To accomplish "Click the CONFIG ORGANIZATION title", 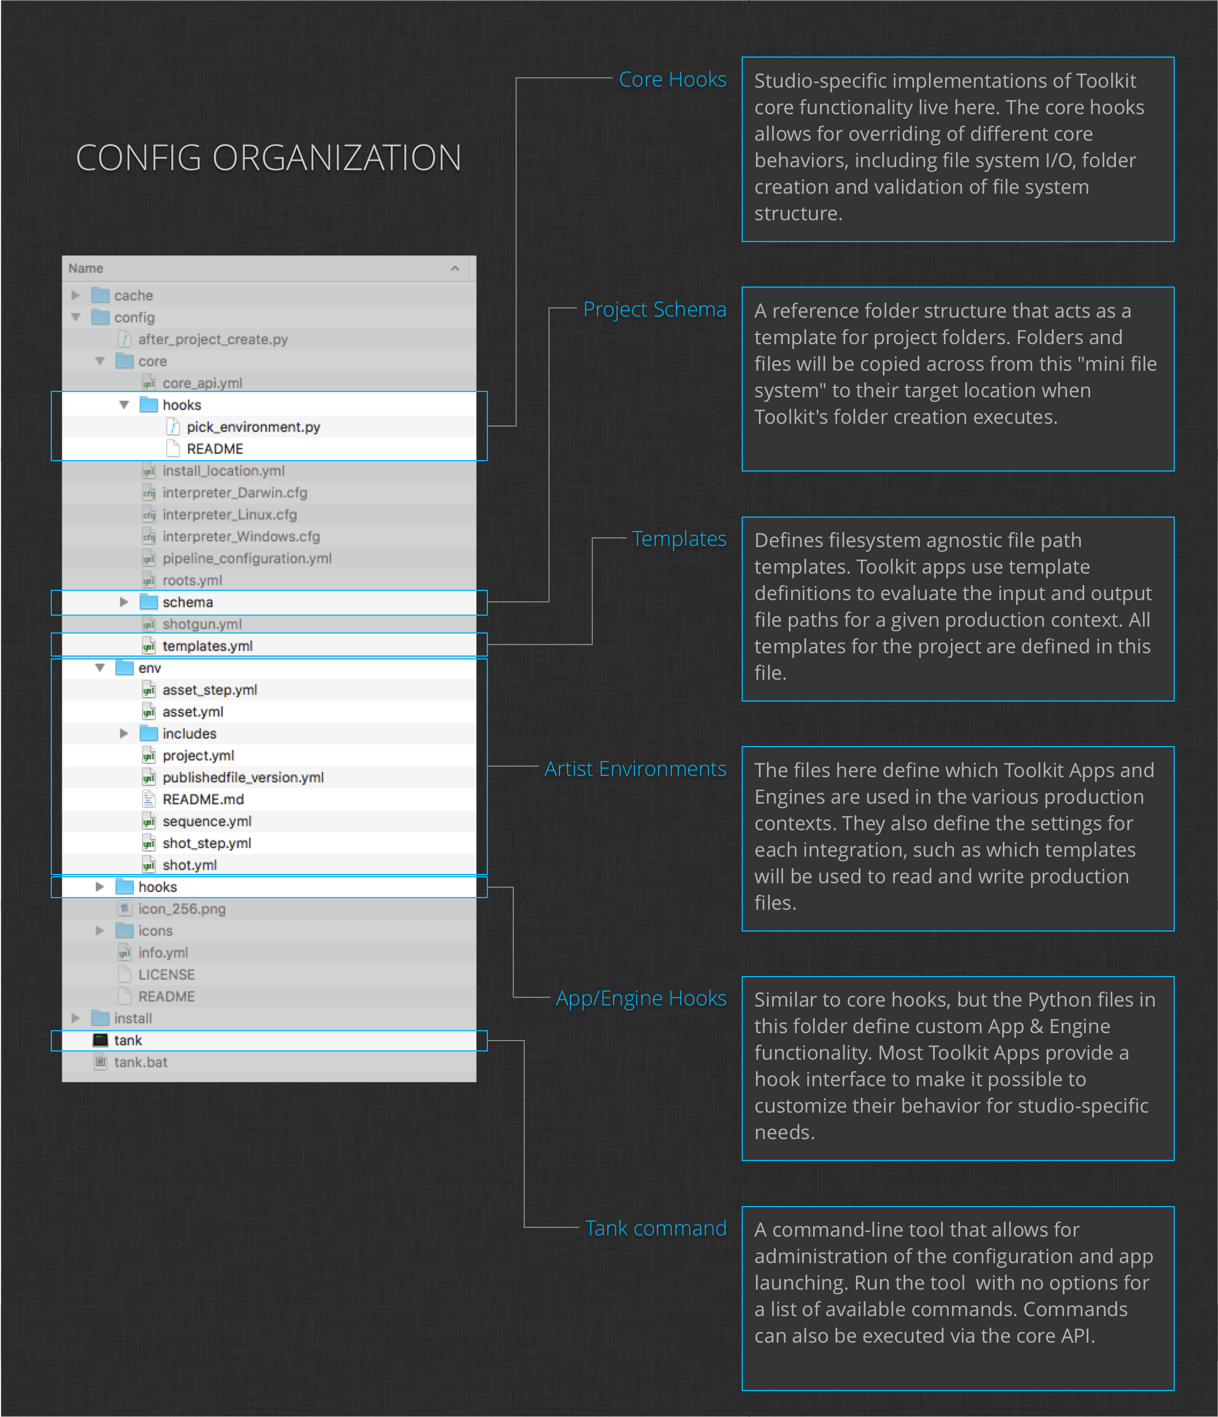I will click(x=268, y=158).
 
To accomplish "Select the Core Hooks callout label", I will click(x=672, y=80).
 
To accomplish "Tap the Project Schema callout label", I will click(x=654, y=309).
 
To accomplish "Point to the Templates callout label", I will click(x=679, y=539).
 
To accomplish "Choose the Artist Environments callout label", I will click(x=635, y=768).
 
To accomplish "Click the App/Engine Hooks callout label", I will click(x=641, y=998).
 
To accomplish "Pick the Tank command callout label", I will click(x=656, y=1228).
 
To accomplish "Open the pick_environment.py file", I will click(x=253, y=427).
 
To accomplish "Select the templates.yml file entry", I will click(x=208, y=646).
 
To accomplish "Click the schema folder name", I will click(x=187, y=602).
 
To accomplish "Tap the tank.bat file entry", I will click(x=140, y=1062).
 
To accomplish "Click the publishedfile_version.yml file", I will click(x=243, y=778).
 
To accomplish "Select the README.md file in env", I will click(x=203, y=800).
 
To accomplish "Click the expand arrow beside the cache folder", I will click(x=76, y=295).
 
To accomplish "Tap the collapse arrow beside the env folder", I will click(x=100, y=668).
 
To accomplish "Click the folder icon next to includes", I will click(x=148, y=734).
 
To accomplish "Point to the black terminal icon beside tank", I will click(x=100, y=1040).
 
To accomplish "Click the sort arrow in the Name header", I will click(x=455, y=269).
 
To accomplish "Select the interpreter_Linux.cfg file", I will click(x=229, y=514).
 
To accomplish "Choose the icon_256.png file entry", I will click(x=181, y=909).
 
